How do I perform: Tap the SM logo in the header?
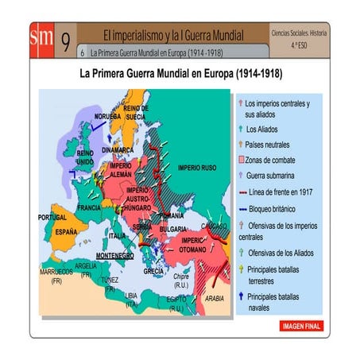(41, 39)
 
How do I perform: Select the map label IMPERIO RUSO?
(197, 168)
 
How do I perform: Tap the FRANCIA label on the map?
(89, 207)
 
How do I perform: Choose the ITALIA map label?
(117, 236)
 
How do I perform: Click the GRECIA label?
(153, 271)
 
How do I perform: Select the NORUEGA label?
(107, 116)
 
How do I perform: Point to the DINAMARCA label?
(118, 149)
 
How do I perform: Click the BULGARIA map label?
(173, 228)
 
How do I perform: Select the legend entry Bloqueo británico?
(275, 207)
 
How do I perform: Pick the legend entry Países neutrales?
(267, 145)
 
